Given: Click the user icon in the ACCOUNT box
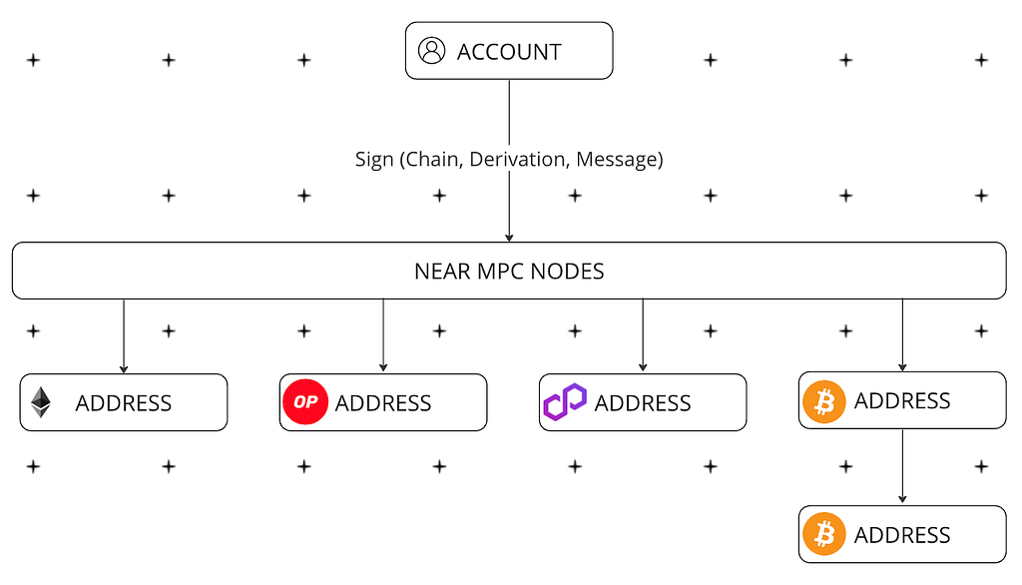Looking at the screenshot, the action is [431, 50].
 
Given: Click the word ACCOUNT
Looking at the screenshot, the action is [509, 52].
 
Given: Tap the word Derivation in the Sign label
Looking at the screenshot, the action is [518, 159].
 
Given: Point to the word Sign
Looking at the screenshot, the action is [374, 160].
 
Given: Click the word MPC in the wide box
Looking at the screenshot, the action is [499, 272].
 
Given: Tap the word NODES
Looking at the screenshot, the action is [566, 272].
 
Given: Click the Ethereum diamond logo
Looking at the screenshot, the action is [41, 402].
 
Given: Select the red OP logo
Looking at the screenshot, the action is [305, 401].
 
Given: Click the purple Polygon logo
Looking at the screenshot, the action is [565, 401].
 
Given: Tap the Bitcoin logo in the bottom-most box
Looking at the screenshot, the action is [823, 534].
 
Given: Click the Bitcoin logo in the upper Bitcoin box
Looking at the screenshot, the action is [823, 401].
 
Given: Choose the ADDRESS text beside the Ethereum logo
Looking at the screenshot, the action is [124, 403].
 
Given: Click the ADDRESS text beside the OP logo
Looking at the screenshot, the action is [383, 403].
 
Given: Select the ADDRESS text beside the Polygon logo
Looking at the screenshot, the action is [643, 403].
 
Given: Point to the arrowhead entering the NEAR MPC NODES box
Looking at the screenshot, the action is [509, 238].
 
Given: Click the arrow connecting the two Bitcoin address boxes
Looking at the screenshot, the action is [902, 466].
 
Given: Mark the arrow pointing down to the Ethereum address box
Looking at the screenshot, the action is [124, 336].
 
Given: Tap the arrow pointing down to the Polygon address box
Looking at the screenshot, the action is [643, 335].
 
